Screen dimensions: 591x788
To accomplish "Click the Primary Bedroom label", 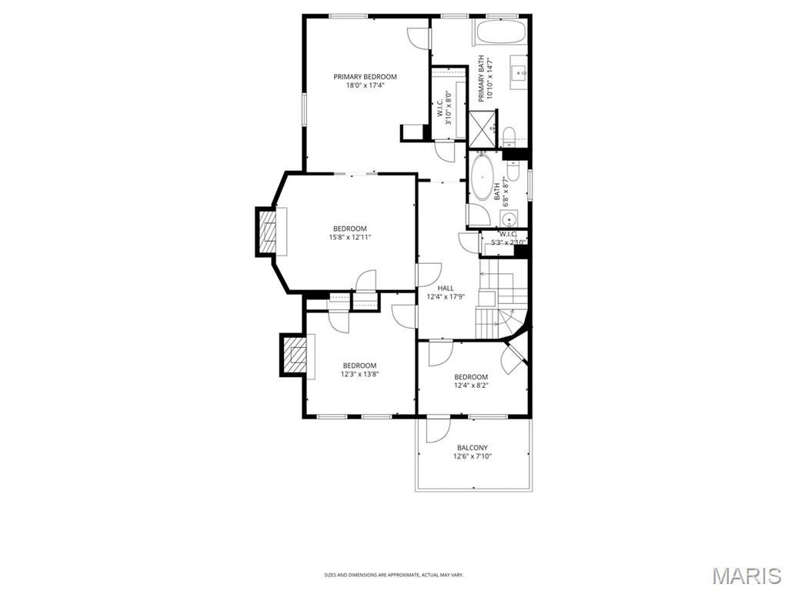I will [365, 76].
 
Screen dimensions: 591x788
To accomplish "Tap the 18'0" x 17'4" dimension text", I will [365, 85].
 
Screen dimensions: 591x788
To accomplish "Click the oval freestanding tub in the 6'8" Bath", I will [482, 178].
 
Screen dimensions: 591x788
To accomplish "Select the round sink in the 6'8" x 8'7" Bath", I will [512, 217].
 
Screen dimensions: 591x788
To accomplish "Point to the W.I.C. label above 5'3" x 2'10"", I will [509, 234].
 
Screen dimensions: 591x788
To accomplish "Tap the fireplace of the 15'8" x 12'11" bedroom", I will [268, 232].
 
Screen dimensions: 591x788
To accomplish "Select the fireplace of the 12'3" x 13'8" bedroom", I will [293, 355].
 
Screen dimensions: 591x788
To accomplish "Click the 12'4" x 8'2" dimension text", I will [471, 386].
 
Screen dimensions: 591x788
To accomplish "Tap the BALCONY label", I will [472, 447].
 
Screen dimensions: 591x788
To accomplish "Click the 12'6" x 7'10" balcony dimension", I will [472, 456].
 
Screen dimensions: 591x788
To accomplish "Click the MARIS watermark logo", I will [746, 576].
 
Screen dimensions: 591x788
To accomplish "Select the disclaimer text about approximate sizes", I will [394, 574].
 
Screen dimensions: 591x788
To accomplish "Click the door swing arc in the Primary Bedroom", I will [418, 37].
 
